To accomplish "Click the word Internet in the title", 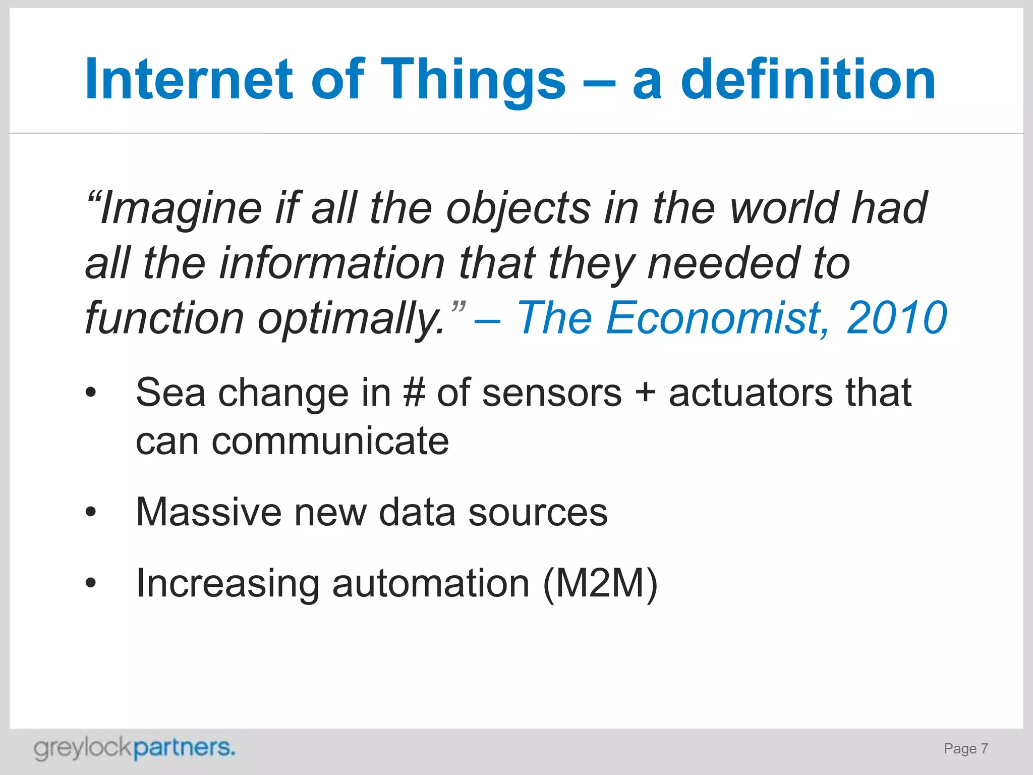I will pos(189,79).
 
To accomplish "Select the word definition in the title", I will pos(808,79).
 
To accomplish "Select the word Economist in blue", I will pos(717,318).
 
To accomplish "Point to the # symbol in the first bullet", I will pos(414,393).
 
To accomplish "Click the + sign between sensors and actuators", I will pos(645,393).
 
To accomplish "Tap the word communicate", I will pos(330,441).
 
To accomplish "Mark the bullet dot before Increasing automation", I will pos(90,583).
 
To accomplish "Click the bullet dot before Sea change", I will pos(90,392).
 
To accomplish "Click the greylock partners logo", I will pos(134,749).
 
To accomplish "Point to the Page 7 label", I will pos(965,749).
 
